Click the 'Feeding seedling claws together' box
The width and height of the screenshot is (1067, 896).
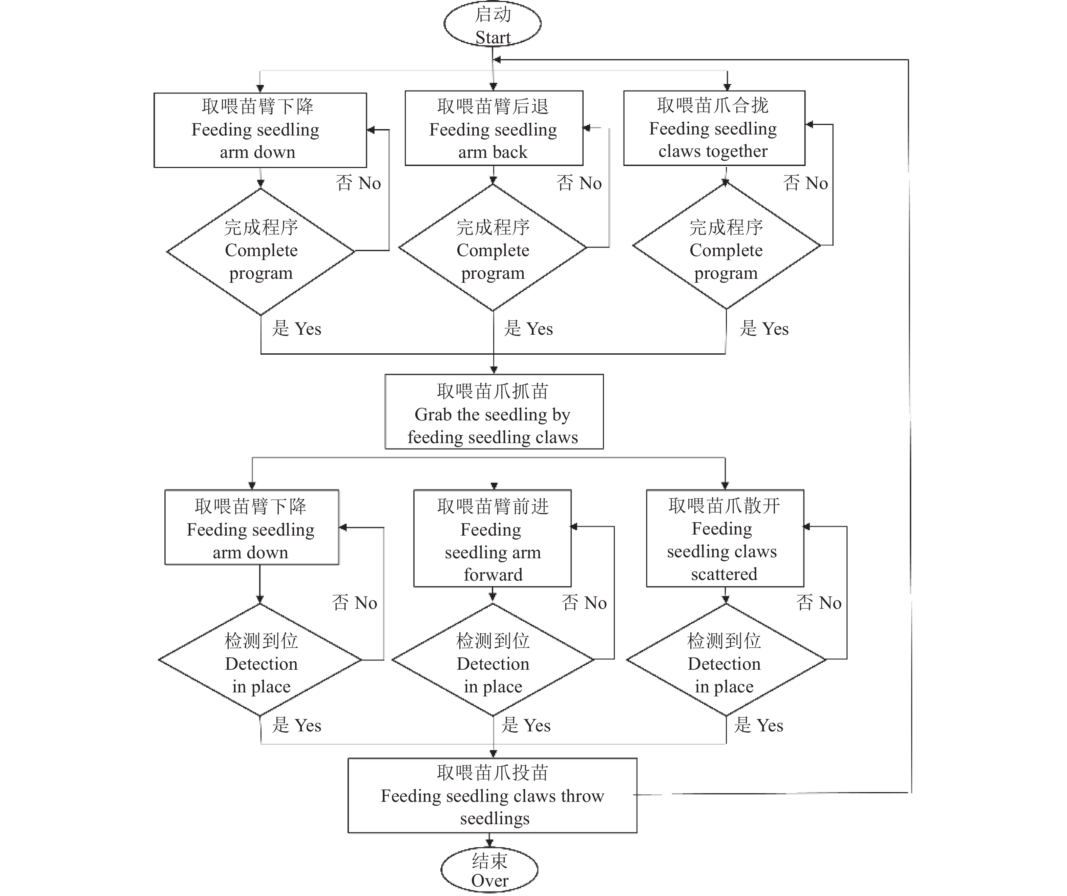point(714,128)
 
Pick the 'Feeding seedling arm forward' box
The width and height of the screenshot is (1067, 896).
point(493,539)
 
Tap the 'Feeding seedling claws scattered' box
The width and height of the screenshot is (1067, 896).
point(725,538)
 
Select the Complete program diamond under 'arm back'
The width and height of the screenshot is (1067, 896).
point(493,249)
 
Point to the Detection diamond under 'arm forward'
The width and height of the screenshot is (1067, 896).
point(493,660)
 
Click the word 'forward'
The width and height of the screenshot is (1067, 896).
point(493,575)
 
